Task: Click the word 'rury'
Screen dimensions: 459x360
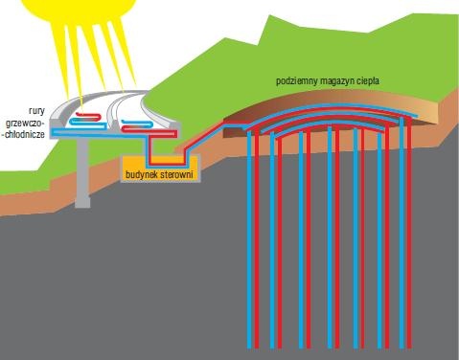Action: pos(36,111)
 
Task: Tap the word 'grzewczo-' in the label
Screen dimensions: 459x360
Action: pos(25,124)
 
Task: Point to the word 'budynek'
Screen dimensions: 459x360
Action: pos(141,175)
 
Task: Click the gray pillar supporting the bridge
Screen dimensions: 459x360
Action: pos(82,172)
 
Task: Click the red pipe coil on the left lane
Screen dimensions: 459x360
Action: pos(88,116)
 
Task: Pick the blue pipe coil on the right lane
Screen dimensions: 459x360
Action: pos(137,124)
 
